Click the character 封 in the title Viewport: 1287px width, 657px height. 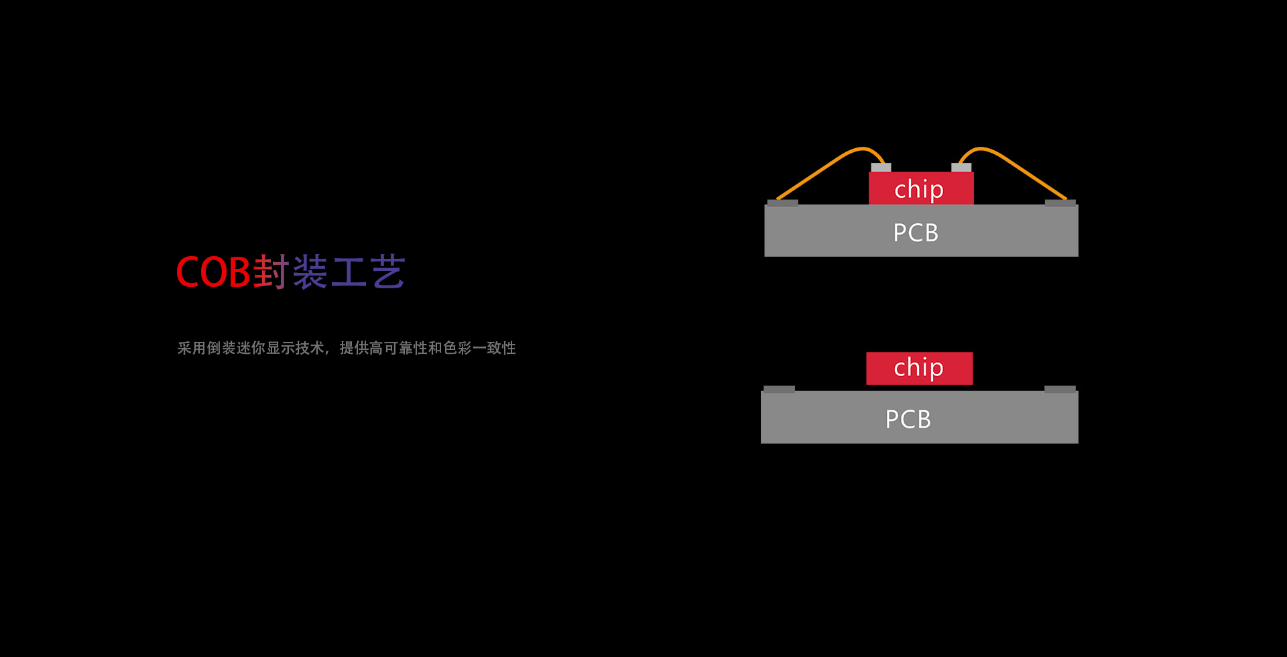point(271,272)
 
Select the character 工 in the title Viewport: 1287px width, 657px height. point(349,272)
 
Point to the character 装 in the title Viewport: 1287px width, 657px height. point(310,272)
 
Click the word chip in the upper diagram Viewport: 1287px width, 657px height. point(919,190)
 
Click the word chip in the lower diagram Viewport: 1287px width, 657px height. point(918,367)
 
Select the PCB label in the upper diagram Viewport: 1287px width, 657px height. point(916,233)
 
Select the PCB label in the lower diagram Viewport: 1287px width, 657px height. point(908,419)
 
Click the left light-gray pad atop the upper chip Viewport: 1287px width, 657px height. point(881,168)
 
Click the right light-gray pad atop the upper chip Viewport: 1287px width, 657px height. point(961,168)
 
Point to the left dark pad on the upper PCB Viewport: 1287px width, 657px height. point(783,203)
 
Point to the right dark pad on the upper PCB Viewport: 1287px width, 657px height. point(1060,203)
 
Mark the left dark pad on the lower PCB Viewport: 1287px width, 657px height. point(779,390)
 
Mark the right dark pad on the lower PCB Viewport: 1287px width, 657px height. point(1060,390)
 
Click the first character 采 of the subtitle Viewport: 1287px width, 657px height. point(184,348)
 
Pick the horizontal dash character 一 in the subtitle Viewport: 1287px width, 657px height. point(479,348)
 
